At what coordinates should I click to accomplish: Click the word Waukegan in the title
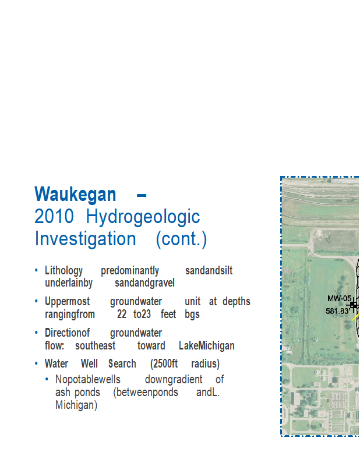[75, 195]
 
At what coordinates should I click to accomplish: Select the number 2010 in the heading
[54, 216]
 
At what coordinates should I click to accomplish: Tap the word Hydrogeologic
[143, 217]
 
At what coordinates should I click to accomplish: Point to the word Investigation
[85, 239]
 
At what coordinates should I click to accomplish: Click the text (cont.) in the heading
[181, 239]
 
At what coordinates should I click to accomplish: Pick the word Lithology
[63, 271]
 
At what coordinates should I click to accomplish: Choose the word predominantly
[130, 271]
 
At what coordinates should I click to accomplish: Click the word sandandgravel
[144, 283]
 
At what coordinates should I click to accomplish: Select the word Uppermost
[67, 302]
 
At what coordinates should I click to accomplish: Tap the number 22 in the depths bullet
[122, 314]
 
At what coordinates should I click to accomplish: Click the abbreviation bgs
[192, 315]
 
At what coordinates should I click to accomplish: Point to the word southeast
[95, 345]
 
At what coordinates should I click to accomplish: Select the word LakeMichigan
[207, 346]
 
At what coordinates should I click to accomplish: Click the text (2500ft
[164, 363]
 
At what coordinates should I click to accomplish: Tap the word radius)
[205, 363]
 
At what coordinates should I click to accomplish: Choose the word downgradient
[174, 380]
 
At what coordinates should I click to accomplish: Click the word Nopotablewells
[88, 380]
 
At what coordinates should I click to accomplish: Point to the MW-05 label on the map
[339, 299]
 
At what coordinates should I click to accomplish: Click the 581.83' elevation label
[337, 311]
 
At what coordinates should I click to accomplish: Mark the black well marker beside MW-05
[353, 305]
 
